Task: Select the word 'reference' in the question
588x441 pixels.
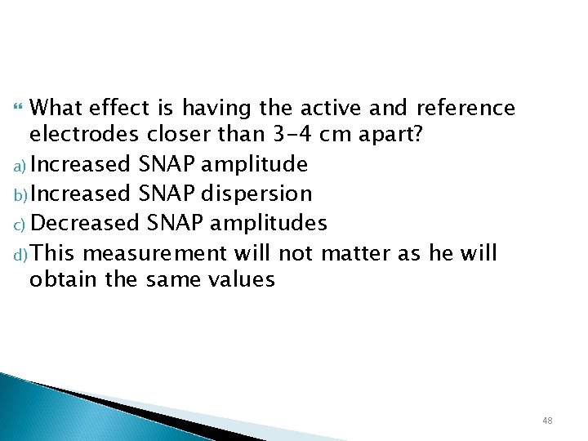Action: coord(466,108)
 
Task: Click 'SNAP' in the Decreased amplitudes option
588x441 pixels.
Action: coord(170,222)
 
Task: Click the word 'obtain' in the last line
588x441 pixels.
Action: coord(60,279)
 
